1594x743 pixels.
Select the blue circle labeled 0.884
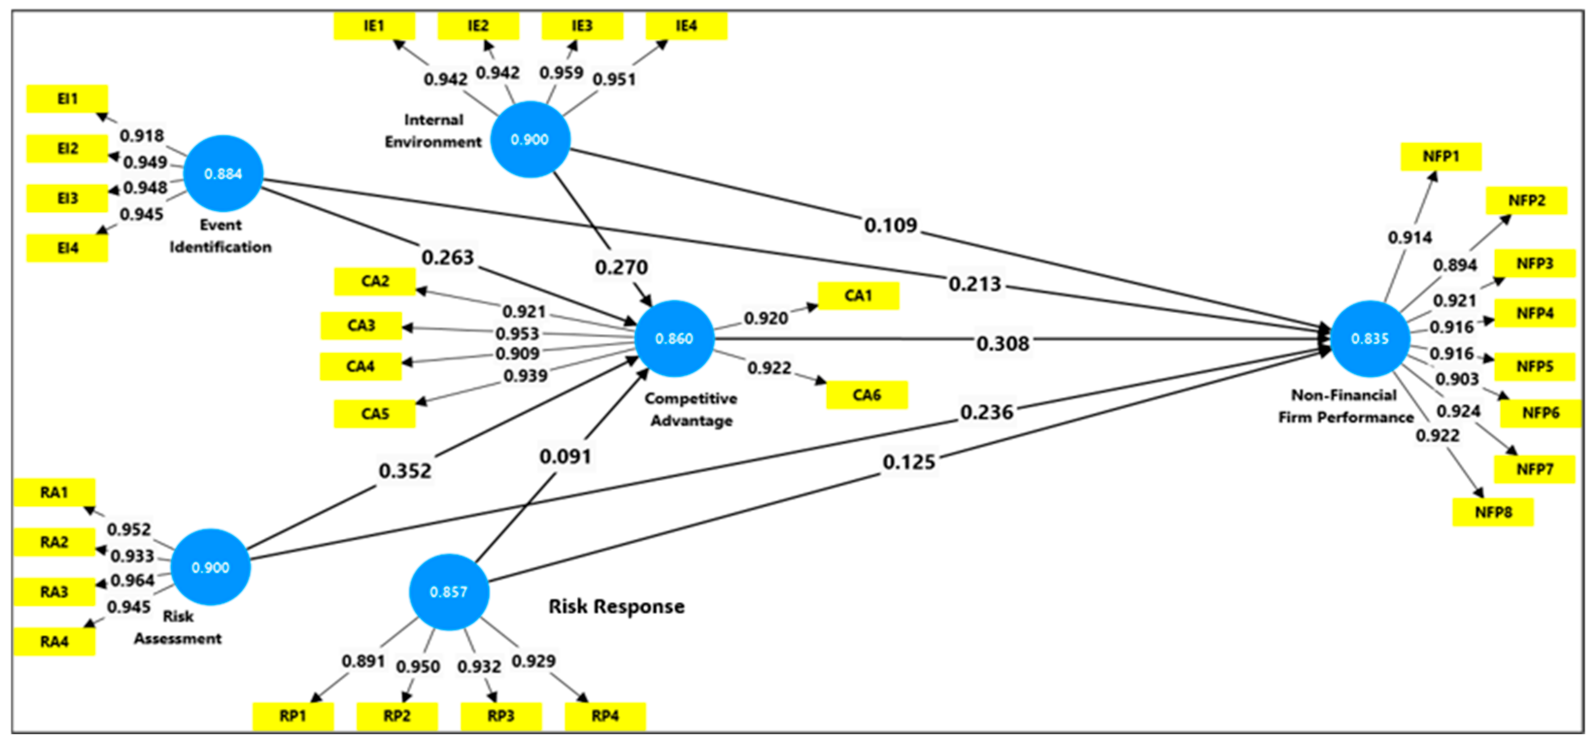[x=223, y=174]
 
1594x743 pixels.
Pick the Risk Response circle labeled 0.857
[x=449, y=592]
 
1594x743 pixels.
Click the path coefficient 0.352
[x=404, y=471]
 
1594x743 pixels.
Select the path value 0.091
[x=565, y=457]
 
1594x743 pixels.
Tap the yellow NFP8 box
[x=1493, y=512]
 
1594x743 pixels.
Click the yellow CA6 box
[x=866, y=395]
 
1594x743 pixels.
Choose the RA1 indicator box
[x=54, y=493]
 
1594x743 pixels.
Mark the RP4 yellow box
[x=604, y=716]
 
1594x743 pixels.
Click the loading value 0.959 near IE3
[x=561, y=73]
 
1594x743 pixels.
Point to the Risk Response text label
[x=616, y=606]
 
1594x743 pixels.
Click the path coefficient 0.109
[x=890, y=225]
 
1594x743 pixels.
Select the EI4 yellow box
[x=67, y=248]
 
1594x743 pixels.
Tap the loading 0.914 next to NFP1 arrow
[x=1409, y=238]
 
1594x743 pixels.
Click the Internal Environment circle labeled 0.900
[x=530, y=140]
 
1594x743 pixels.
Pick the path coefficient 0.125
[x=908, y=462]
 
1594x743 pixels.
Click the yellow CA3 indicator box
[x=361, y=326]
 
